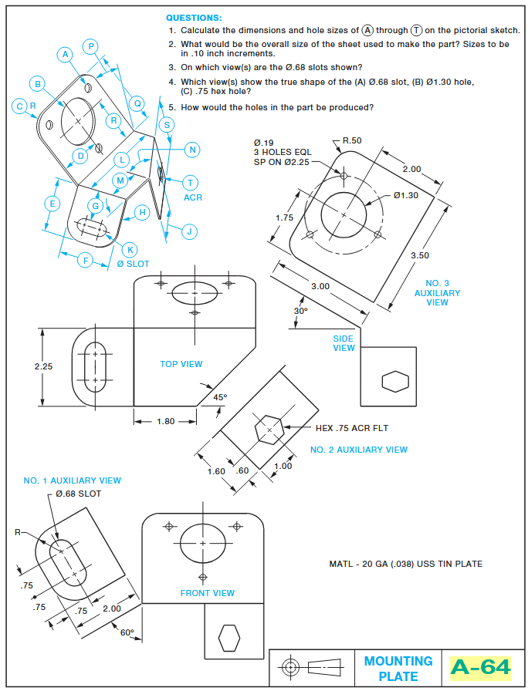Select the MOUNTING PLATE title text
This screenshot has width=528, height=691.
tap(398, 669)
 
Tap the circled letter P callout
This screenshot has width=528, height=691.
tap(92, 46)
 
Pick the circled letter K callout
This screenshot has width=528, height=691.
tap(130, 249)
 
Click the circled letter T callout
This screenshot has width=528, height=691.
tap(190, 183)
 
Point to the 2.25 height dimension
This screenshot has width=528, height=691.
tap(43, 366)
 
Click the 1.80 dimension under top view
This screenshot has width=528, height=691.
tap(165, 421)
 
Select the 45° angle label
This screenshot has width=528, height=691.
tap(220, 397)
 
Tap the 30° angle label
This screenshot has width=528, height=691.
tap(300, 311)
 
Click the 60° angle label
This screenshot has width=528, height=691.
tap(127, 632)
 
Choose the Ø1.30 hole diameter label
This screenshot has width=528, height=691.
tap(405, 195)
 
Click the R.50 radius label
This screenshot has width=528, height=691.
tap(352, 140)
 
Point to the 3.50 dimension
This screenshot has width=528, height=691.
tap(421, 255)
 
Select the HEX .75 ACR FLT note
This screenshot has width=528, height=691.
tap(351, 428)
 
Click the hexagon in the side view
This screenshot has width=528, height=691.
tap(394, 382)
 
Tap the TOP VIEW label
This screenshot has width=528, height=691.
tap(181, 364)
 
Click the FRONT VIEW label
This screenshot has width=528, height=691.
tap(208, 593)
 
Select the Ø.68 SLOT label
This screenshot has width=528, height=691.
tap(78, 494)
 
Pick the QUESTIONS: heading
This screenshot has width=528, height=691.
tap(194, 17)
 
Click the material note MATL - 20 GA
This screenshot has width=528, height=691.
tap(405, 564)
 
